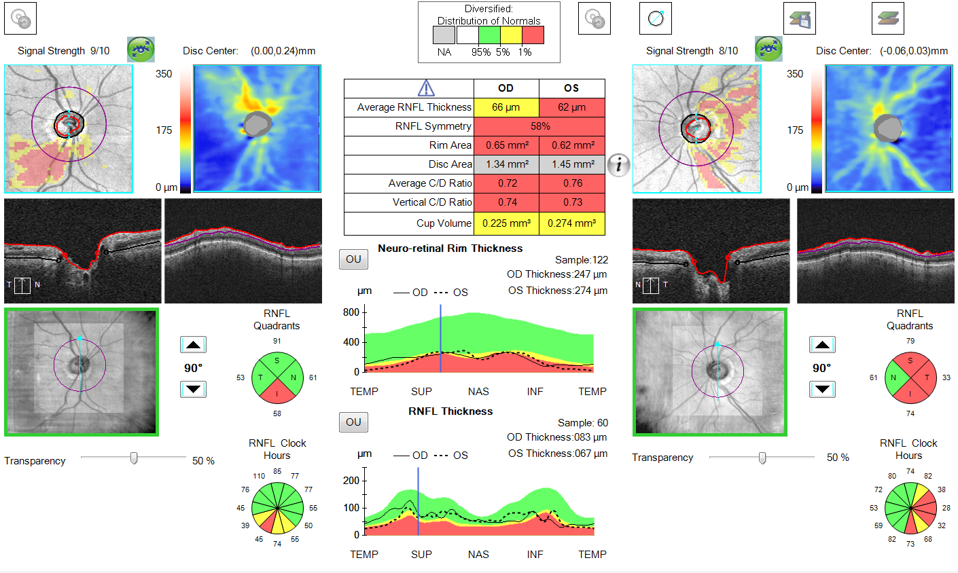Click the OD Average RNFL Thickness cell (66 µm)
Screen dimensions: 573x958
(506, 107)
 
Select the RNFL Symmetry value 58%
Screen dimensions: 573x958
(539, 126)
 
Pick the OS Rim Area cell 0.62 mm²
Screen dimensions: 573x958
(572, 145)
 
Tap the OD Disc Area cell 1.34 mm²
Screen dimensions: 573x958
(506, 164)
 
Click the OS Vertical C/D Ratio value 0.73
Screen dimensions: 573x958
(572, 202)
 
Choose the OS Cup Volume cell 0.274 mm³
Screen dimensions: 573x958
(572, 223)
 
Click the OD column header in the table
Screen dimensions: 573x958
(506, 88)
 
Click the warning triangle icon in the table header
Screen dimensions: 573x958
(425, 88)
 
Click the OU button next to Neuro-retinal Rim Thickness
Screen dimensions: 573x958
(353, 259)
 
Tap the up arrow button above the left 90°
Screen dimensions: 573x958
(193, 345)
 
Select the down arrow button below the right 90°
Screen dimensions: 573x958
(822, 390)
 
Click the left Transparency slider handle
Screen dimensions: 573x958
(134, 458)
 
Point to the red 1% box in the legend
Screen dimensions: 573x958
(532, 35)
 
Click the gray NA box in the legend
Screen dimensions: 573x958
(444, 35)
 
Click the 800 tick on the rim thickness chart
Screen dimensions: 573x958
(351, 312)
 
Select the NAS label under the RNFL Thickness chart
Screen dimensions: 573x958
(478, 555)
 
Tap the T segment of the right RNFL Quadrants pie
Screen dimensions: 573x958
(926, 377)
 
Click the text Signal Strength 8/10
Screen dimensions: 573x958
(692, 51)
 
